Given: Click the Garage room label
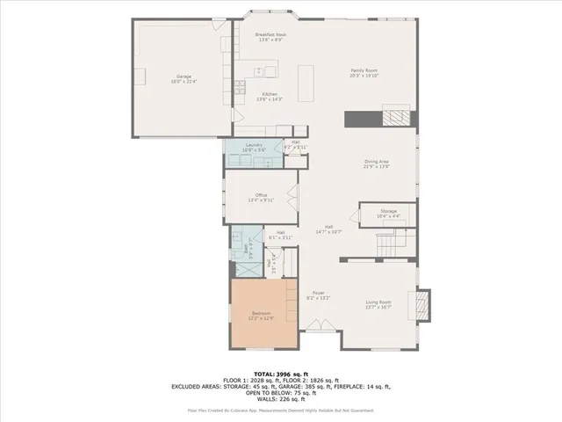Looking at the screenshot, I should pos(184,78).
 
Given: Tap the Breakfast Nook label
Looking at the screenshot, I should pos(270,37).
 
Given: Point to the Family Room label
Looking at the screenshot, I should pos(364,73).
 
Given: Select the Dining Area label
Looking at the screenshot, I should pos(377,164).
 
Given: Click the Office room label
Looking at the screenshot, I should pos(261,197).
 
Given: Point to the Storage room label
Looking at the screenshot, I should pos(387,213).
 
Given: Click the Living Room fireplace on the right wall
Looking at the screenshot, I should pos(422,304).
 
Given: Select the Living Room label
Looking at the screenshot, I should pos(378,304).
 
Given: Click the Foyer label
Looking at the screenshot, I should pos(318,295).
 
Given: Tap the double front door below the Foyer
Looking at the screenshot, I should pos(318,327).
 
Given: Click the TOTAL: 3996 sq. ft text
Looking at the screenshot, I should pos(281,374).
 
